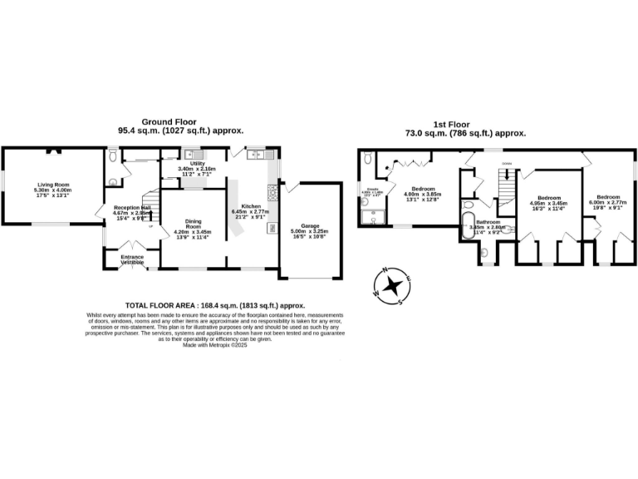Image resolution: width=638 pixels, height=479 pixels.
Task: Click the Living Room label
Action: click(x=52, y=184)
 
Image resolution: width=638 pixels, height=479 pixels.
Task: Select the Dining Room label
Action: click(x=193, y=224)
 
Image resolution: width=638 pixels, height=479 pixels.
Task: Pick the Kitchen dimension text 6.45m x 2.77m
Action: click(x=251, y=212)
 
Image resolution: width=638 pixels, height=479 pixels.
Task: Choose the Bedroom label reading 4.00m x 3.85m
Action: click(x=424, y=189)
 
